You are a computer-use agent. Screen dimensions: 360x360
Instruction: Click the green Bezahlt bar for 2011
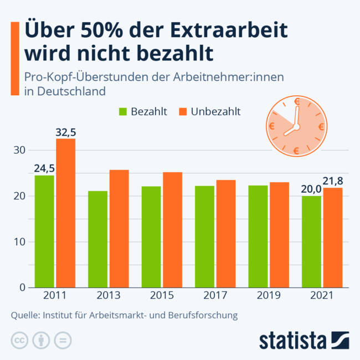44,231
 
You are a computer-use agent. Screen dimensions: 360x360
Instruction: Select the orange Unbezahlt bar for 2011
65,213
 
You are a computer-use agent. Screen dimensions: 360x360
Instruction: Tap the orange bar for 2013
119,228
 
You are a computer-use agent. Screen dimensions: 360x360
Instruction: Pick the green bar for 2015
151,236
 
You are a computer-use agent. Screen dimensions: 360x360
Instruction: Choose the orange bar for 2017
225,233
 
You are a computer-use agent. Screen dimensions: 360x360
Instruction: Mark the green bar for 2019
258,236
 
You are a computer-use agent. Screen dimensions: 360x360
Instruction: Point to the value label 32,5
66,132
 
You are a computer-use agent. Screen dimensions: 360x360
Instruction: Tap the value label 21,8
333,181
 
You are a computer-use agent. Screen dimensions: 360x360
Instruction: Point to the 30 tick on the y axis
19,150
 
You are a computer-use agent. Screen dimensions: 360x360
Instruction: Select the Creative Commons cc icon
19,340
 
